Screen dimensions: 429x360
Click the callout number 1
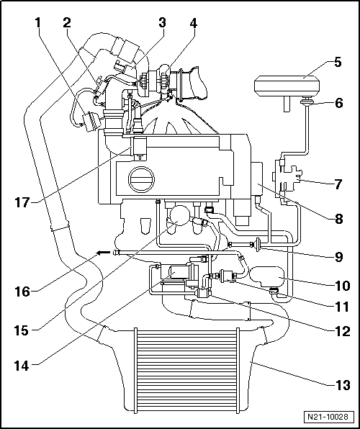(37, 23)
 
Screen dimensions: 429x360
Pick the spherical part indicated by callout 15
(178, 217)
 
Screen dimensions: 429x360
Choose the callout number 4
(192, 23)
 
